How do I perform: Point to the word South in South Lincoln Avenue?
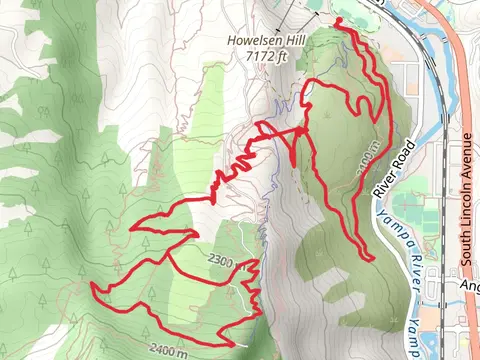click(467, 248)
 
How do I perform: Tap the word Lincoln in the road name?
click(467, 204)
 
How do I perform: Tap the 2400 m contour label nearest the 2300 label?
click(165, 350)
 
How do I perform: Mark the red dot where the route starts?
click(337, 21)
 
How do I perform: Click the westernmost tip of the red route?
click(93, 286)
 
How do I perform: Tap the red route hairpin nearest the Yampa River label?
click(371, 259)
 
